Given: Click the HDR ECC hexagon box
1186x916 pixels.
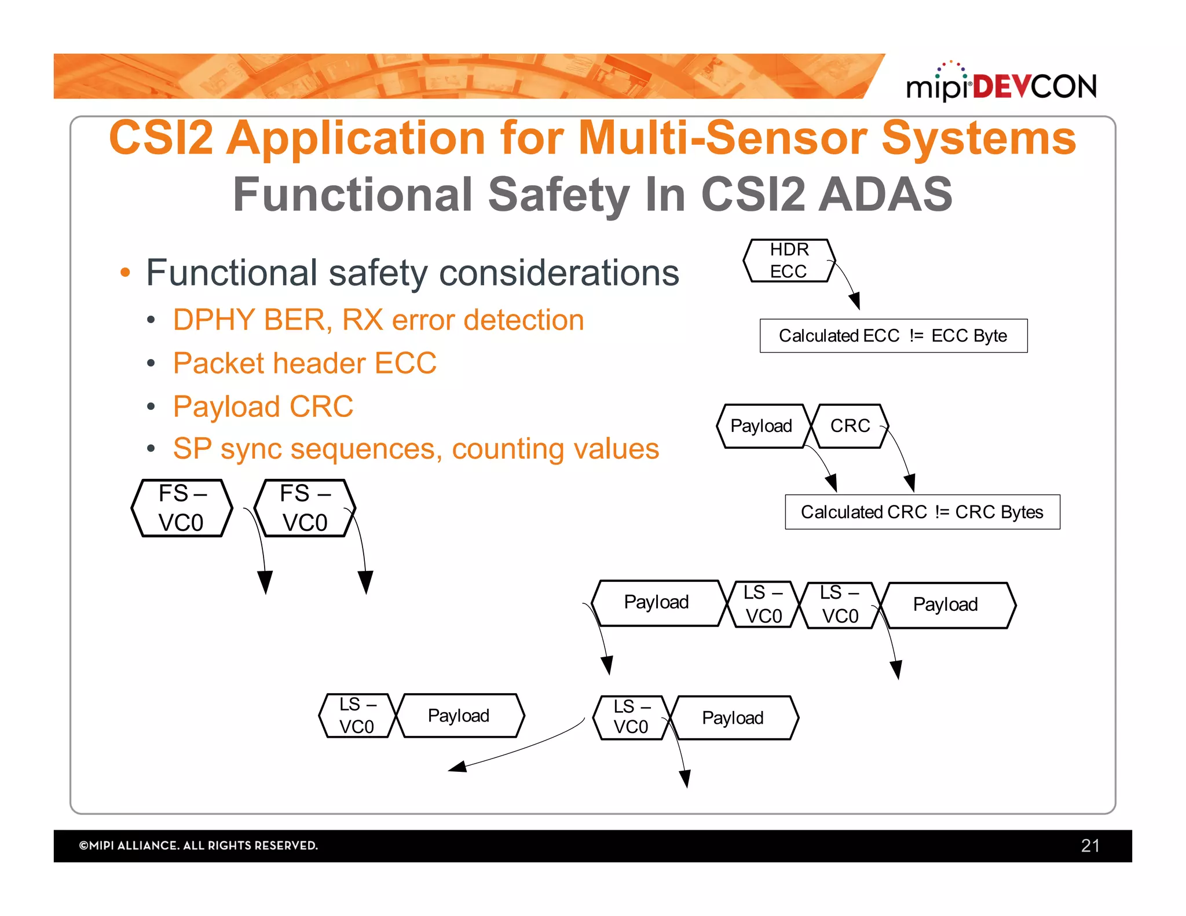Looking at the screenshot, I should click(789, 261).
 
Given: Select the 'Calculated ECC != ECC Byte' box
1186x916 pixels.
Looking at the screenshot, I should click(893, 336).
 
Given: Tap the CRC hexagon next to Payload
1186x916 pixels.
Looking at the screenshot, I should click(850, 426).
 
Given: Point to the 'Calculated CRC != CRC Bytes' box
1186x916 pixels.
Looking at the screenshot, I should click(922, 512).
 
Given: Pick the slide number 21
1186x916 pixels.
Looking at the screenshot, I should click(1090, 845).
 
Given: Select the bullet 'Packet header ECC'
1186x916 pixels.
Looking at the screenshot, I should click(305, 364).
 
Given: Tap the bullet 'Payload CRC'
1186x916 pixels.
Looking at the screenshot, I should click(263, 406).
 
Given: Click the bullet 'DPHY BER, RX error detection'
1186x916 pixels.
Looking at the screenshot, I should click(378, 320).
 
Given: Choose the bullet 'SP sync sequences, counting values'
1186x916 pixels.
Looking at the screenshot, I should click(416, 449).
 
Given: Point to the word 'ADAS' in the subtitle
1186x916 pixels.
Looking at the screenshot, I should click(886, 195).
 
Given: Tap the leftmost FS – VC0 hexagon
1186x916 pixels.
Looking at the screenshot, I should click(181, 508).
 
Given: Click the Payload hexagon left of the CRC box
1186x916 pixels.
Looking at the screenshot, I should click(761, 426).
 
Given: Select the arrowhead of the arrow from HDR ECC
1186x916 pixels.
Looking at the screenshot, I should click(855, 302).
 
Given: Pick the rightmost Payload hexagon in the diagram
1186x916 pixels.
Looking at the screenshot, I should click(945, 605).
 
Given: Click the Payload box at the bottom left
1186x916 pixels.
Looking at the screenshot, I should click(459, 716).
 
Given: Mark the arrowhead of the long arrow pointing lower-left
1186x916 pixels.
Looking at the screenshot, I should click(457, 767).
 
